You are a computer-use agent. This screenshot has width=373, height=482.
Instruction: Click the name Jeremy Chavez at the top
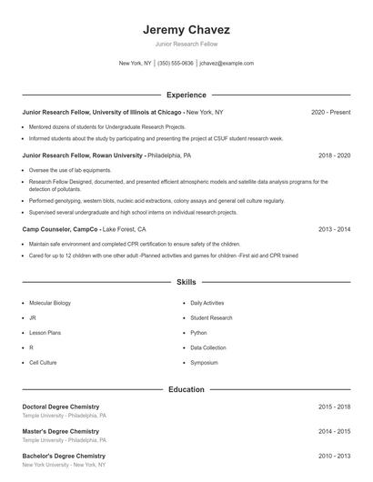point(186,28)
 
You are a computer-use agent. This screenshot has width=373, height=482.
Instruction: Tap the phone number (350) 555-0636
point(176,64)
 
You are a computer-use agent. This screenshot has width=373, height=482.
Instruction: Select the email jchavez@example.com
point(227,64)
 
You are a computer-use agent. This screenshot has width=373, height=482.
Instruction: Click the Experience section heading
point(186,95)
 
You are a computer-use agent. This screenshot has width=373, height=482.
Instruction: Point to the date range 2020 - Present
point(330,112)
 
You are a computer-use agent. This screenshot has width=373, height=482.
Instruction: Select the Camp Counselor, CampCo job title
point(60,230)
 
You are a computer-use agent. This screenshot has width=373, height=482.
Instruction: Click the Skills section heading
point(186,283)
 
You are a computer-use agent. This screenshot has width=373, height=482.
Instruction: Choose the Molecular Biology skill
point(52,302)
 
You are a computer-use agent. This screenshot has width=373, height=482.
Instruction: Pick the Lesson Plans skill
point(45,333)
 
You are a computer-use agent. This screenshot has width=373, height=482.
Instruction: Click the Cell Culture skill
point(43,363)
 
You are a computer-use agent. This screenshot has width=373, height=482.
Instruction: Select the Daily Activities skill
point(208,302)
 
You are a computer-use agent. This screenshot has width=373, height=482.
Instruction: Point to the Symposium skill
point(204,363)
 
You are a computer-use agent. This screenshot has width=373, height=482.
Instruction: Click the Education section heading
point(186,389)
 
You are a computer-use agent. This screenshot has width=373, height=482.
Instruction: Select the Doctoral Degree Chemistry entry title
point(61,407)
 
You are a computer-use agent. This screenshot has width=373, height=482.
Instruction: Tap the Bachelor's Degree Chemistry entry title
point(64,456)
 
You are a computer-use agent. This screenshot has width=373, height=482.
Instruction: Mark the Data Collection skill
point(208,347)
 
